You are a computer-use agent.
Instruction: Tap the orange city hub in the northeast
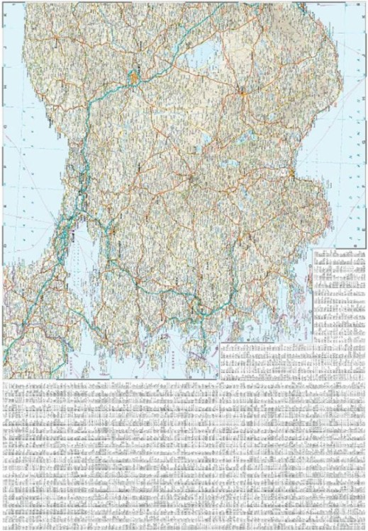coord(242,92)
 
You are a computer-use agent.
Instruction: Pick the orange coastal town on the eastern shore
coord(291,171)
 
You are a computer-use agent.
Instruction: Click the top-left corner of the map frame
coord(3,3)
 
